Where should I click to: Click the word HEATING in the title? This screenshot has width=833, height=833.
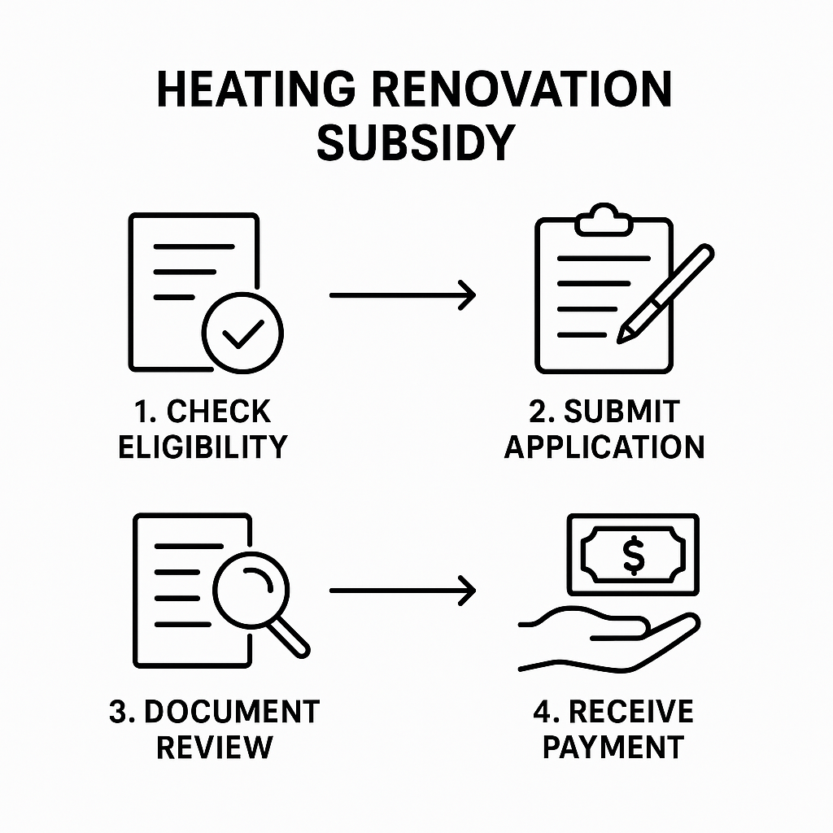256,89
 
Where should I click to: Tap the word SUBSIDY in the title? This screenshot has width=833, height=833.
416,142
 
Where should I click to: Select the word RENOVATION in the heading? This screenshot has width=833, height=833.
522,89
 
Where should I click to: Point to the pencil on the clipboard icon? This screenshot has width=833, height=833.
665,293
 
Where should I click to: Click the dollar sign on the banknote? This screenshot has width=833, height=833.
633,555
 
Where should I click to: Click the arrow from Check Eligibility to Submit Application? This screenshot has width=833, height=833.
403,294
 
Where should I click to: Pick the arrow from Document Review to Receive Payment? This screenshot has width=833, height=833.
403,591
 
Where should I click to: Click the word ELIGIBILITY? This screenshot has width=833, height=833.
203,447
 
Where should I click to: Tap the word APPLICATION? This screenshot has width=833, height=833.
604,447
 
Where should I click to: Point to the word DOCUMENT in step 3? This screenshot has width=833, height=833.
232,711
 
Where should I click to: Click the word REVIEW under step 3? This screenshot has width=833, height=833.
215,748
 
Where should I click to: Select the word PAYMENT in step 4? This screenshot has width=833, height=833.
613,748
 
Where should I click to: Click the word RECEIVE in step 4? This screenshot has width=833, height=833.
631,711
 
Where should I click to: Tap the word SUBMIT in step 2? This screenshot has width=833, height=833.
621,411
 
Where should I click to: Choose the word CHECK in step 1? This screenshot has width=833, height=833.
219,411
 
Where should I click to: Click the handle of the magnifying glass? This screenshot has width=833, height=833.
288,637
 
